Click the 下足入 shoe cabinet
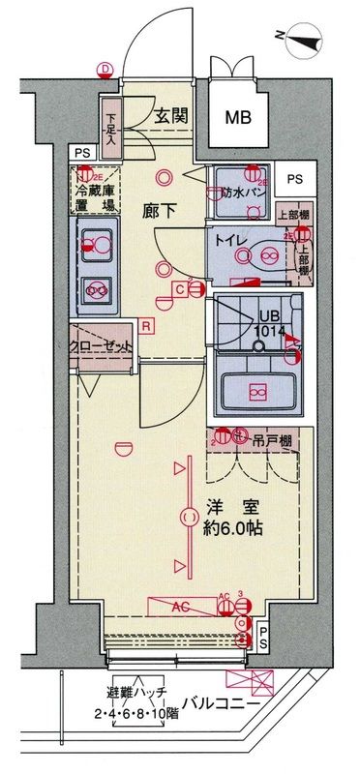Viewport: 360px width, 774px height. click(x=110, y=123)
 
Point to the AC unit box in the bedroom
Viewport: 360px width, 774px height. click(x=181, y=608)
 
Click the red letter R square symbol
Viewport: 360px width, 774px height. click(x=145, y=325)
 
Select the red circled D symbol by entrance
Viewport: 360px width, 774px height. click(x=105, y=68)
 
